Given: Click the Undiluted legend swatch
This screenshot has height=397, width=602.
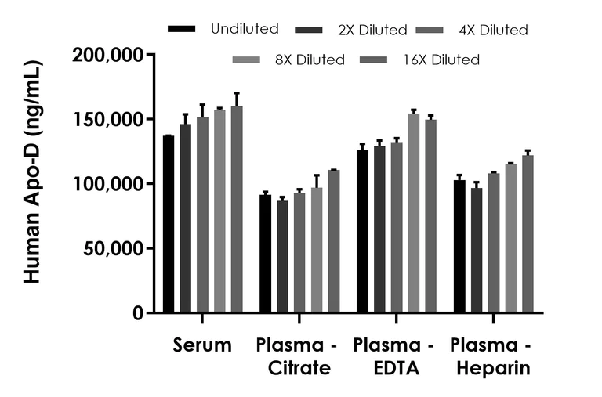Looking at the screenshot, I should tap(182, 29).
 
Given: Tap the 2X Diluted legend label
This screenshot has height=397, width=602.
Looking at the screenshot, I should tap(372, 31).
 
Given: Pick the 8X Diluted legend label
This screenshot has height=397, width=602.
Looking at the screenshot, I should tap(312, 60).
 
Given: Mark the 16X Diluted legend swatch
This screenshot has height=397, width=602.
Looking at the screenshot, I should tap(374, 60).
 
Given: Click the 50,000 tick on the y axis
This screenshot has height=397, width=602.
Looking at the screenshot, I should tap(150, 248).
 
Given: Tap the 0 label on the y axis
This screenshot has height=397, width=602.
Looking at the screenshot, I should tap(138, 313).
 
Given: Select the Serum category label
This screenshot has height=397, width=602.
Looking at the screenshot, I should tap(203, 345).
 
